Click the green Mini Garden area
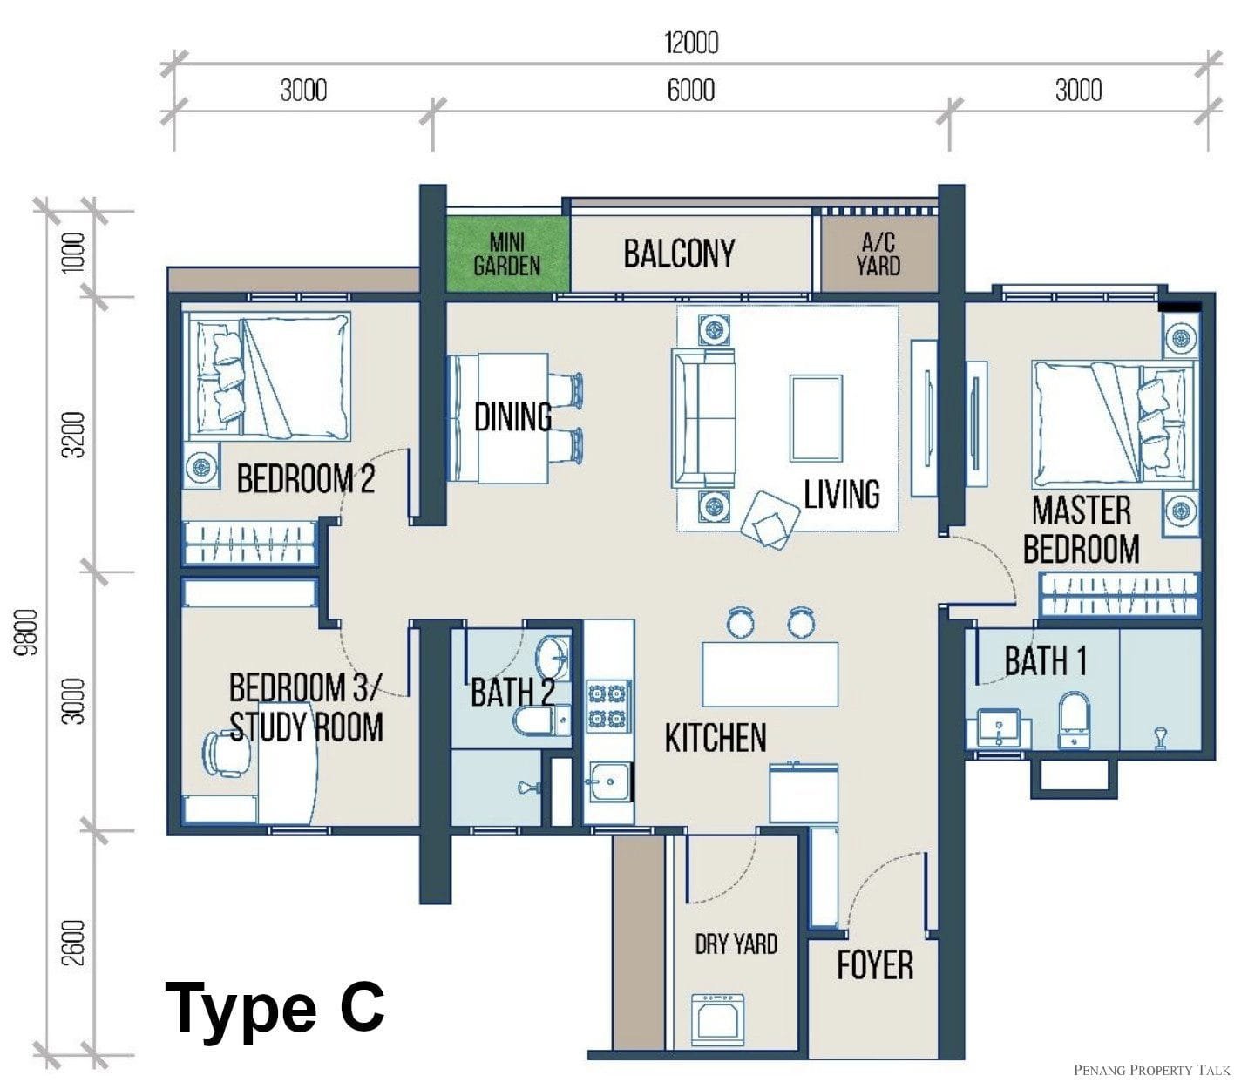(x=507, y=254)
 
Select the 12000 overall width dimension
(x=690, y=43)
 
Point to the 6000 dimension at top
(x=690, y=91)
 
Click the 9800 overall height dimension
(x=27, y=631)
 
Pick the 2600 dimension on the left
(x=74, y=944)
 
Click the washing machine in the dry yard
(x=717, y=1020)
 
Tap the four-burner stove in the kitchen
(x=607, y=706)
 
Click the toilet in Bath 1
(x=1074, y=720)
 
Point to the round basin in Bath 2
(x=553, y=657)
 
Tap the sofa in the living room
(x=703, y=417)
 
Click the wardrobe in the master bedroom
(x=1118, y=594)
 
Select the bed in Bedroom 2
(x=269, y=376)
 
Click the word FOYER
(x=875, y=965)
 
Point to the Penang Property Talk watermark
(x=1151, y=1069)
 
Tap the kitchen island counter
(x=770, y=673)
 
